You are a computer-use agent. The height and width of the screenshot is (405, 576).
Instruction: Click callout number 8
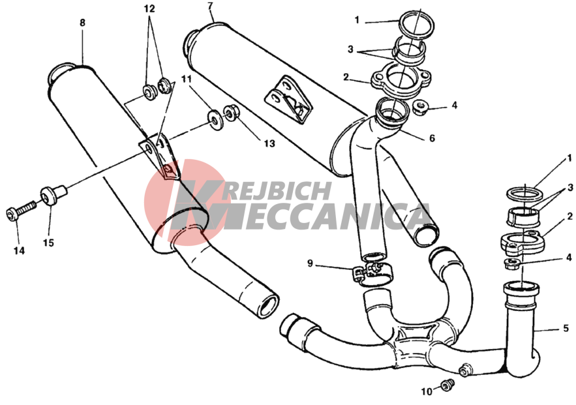pos(82,23)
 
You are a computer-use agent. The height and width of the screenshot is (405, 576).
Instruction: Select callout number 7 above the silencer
pos(210,6)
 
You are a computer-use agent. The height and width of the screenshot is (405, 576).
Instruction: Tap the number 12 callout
pos(149,8)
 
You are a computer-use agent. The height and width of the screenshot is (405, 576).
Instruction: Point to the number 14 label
pos(19,251)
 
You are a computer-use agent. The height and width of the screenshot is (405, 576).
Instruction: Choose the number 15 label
pos(48,243)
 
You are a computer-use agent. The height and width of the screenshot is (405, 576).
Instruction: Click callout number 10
pos(427,392)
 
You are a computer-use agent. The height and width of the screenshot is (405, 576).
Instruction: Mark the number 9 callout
pos(310,263)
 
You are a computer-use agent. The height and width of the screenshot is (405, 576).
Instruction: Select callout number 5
pos(566,328)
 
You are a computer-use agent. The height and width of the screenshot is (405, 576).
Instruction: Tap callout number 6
pos(432,138)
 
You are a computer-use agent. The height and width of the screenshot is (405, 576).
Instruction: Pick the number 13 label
pos(269,143)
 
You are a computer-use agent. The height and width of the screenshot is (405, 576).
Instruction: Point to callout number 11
pos(187,78)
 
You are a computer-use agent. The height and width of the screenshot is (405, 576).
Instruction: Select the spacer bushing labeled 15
pos(53,194)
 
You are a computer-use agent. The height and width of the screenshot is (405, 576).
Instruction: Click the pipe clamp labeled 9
pos(370,273)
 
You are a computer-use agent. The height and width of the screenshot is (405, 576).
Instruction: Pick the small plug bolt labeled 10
pos(447,385)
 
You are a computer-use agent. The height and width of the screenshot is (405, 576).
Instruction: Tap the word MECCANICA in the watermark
pos(318,217)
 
